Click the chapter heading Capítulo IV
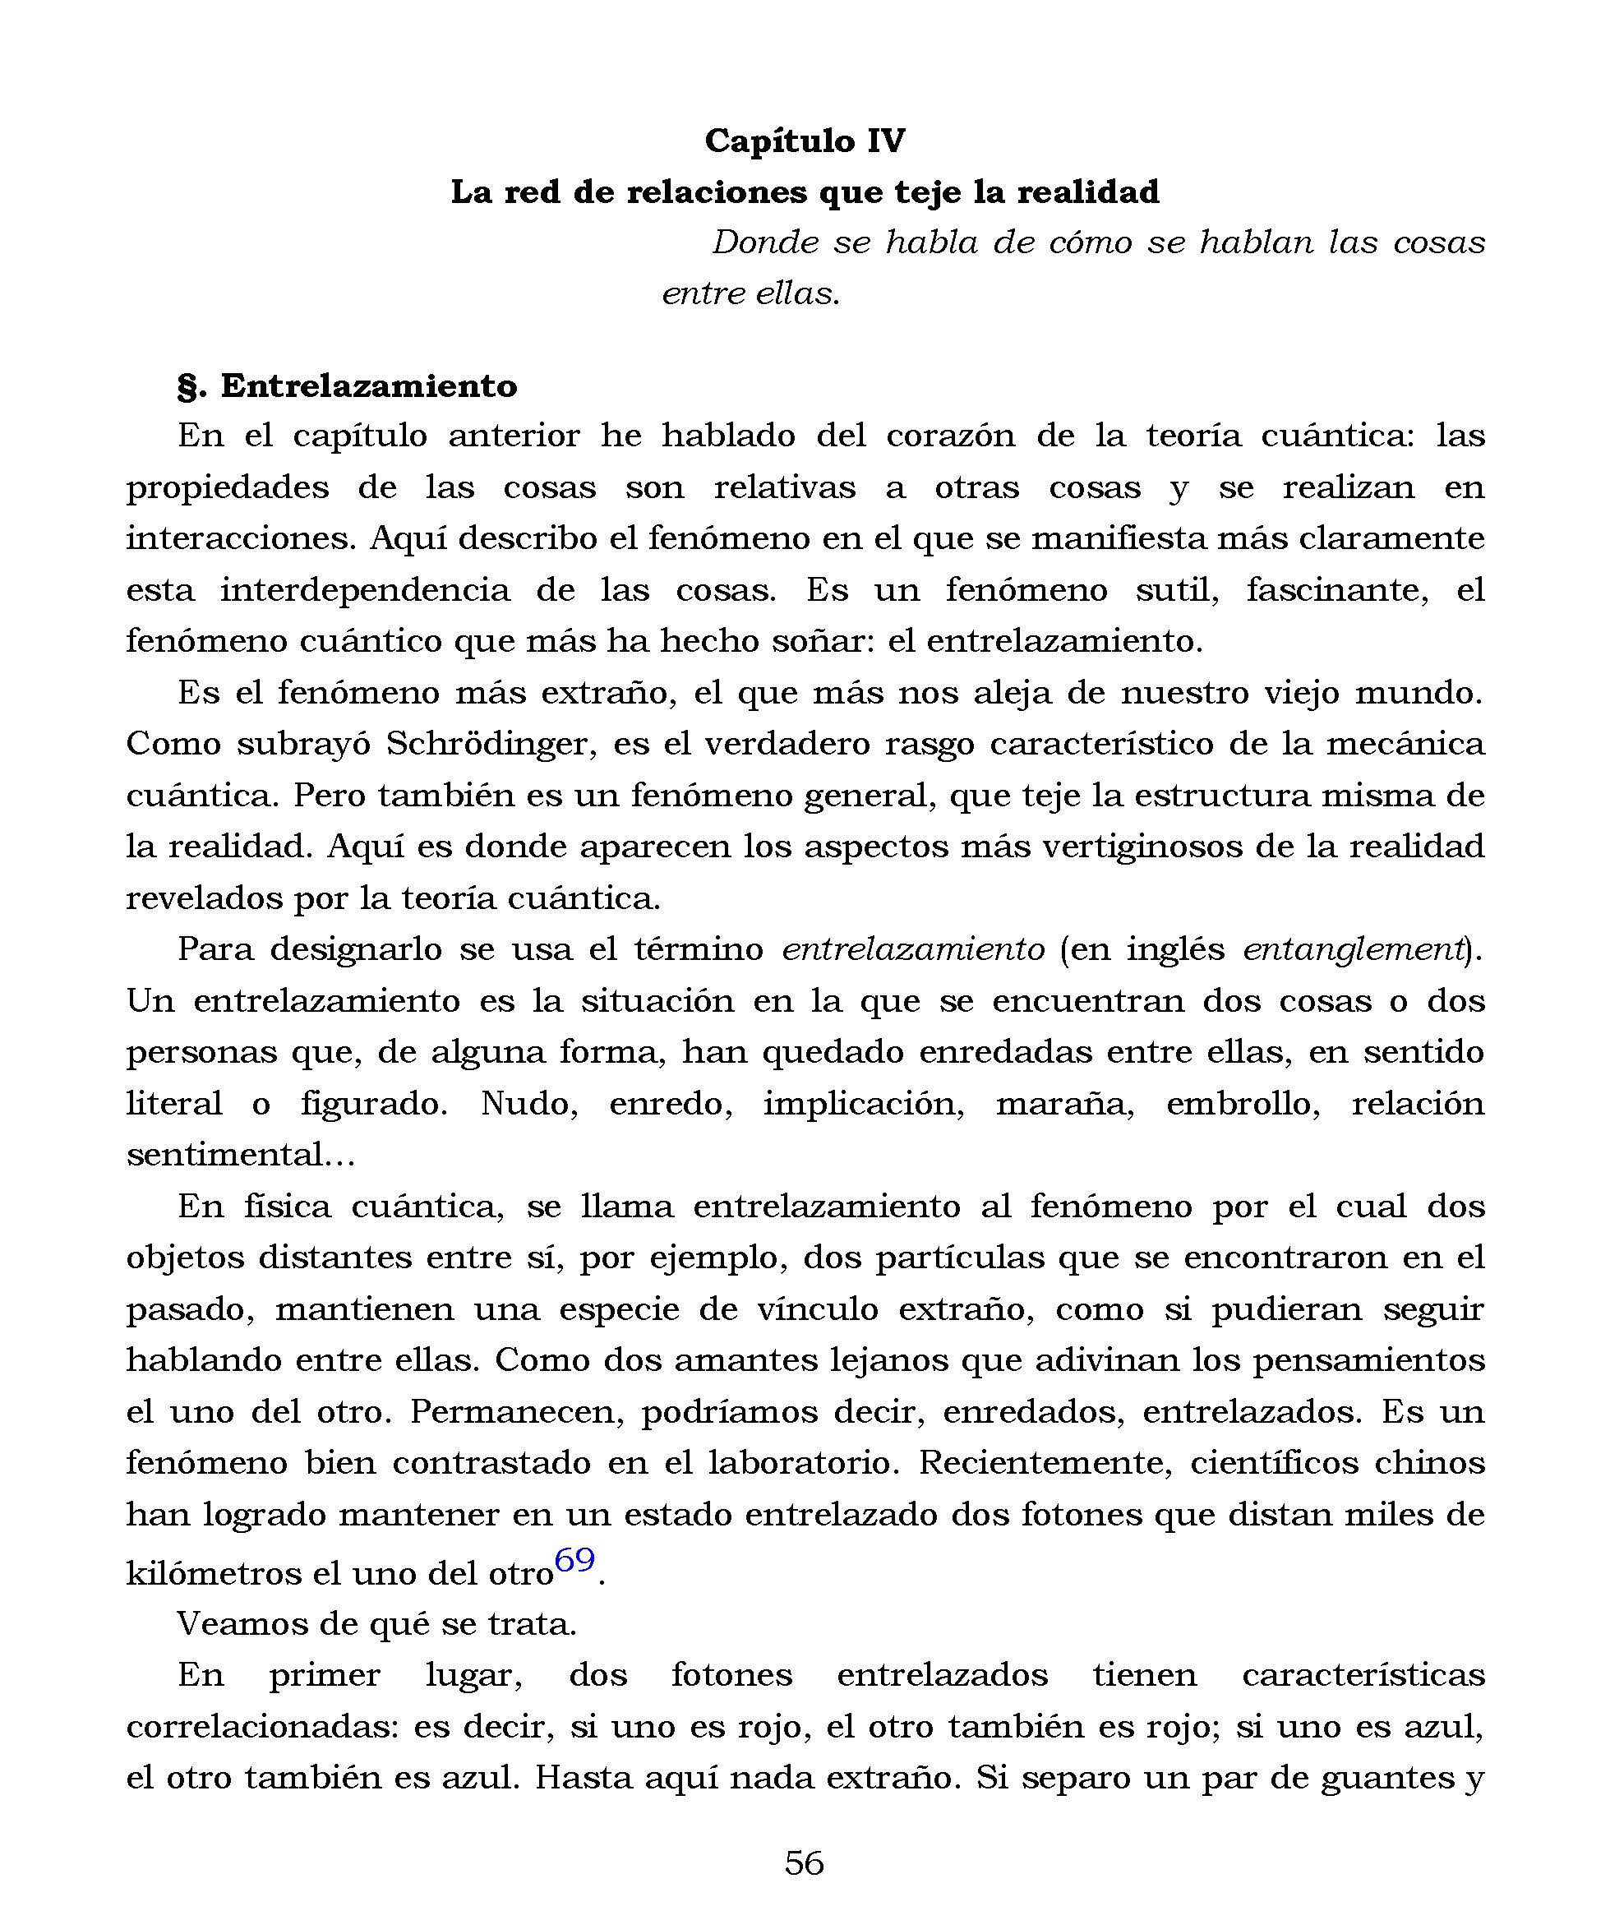(x=805, y=141)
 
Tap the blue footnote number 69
(x=574, y=1561)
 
